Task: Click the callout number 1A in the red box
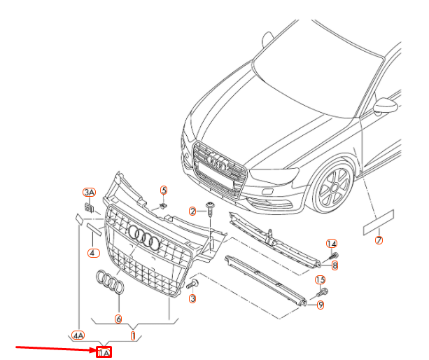[x=104, y=353]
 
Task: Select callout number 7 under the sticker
[x=379, y=241]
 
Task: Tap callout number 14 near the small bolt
[x=332, y=243]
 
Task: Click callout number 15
[x=321, y=279]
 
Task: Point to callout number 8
[x=335, y=265]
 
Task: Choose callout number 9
[x=321, y=305]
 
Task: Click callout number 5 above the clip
[x=164, y=190]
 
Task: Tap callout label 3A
[x=89, y=192]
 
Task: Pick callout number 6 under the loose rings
[x=118, y=319]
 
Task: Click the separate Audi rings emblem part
[x=111, y=282]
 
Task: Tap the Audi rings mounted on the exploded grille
[x=146, y=240]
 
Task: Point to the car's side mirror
[x=384, y=106]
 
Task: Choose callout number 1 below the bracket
[x=132, y=335]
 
